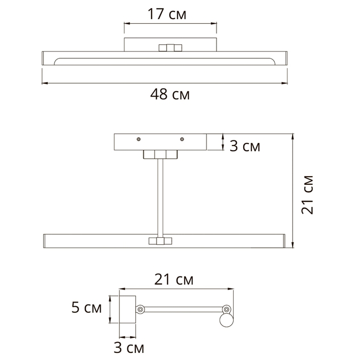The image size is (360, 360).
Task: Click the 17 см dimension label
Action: (167, 14)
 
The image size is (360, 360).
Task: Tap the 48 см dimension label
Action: (170, 94)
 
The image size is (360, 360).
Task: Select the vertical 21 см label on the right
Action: (307, 195)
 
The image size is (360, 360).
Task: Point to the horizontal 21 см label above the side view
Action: (174, 279)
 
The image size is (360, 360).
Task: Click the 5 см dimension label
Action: (86, 308)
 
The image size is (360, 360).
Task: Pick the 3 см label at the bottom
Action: (129, 347)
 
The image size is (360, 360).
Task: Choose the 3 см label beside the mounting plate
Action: (245, 146)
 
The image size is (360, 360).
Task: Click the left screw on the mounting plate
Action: (138, 139)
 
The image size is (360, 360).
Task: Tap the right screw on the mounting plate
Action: (182, 139)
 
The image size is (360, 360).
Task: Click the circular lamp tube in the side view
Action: (227, 320)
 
